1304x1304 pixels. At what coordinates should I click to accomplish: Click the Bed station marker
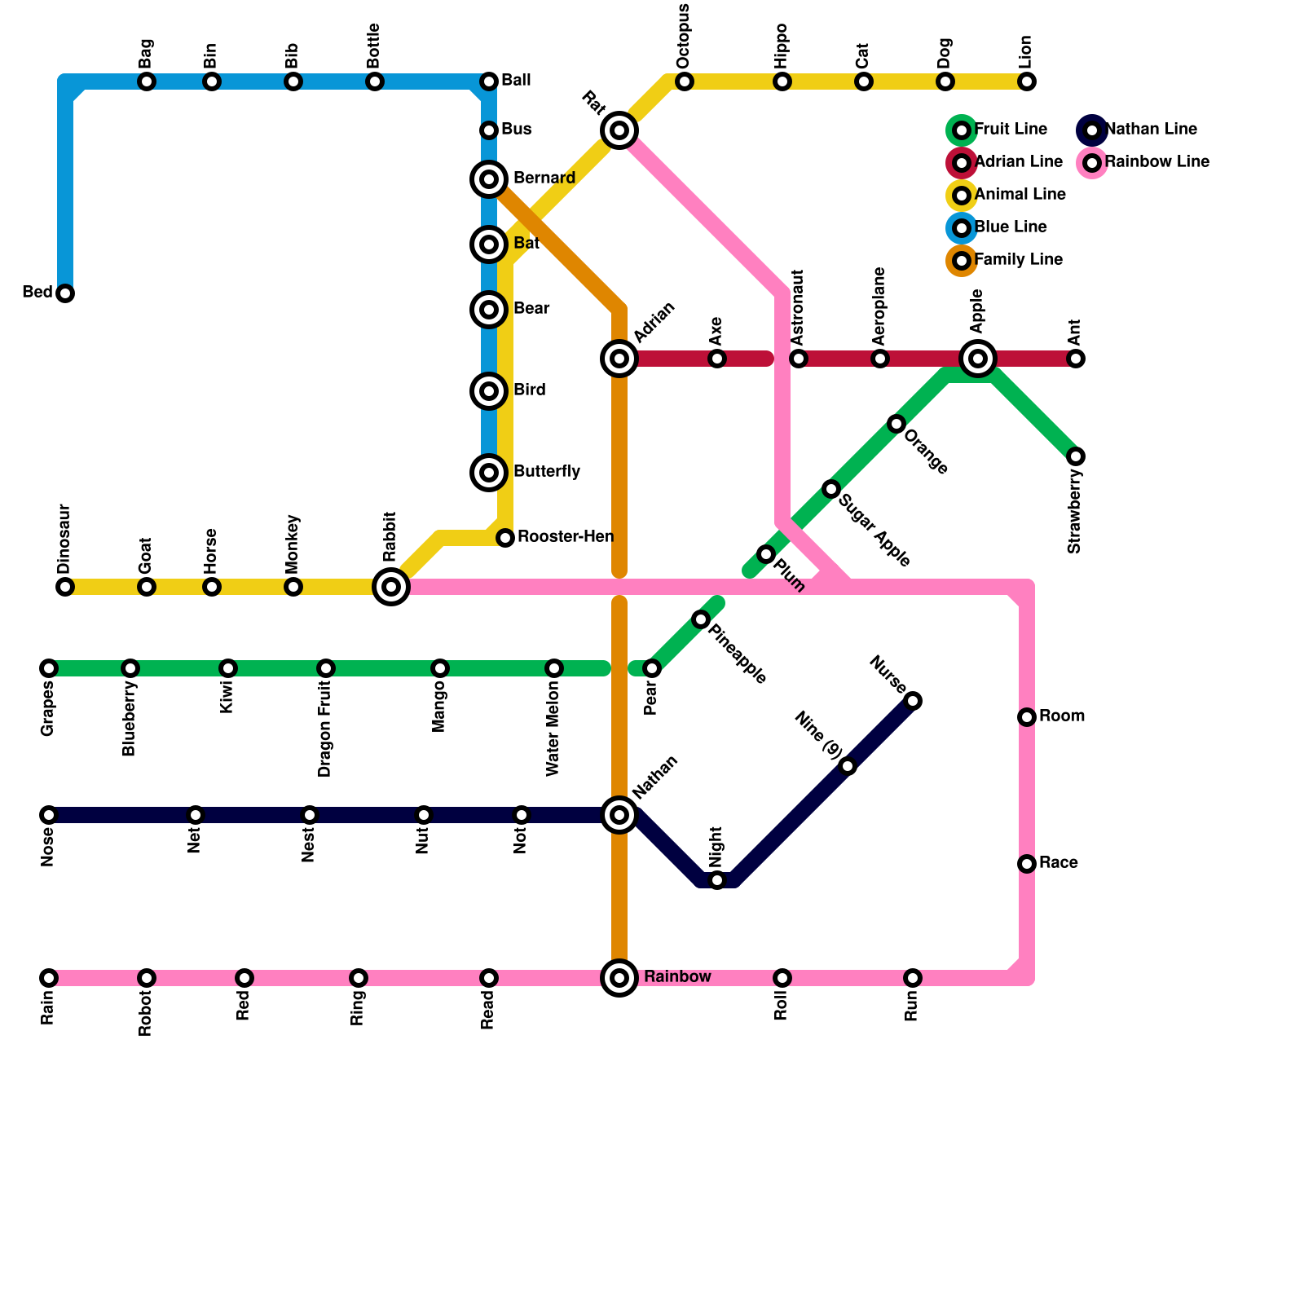65,293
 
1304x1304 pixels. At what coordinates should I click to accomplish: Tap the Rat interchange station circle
619,130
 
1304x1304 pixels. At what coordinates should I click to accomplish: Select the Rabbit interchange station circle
391,586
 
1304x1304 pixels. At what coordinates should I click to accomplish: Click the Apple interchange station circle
978,358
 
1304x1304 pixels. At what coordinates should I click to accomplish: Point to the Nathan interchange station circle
619,814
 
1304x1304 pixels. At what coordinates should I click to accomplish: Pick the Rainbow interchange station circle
619,977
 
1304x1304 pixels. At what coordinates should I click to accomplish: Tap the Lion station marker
1027,81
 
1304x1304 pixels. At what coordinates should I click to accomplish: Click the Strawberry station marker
1076,456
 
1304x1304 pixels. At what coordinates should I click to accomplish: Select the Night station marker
717,880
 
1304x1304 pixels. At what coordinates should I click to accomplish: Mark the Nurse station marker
913,701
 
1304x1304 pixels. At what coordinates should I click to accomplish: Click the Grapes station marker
49,668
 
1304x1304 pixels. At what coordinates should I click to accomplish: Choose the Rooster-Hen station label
566,537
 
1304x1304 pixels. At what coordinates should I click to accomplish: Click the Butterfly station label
547,472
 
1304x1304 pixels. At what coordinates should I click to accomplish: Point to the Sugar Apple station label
873,531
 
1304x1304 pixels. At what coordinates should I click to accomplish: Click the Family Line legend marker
962,261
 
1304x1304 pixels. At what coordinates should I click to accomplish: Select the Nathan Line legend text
1151,130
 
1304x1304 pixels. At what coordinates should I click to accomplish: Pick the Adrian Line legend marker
962,163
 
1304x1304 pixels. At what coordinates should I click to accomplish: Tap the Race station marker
1027,864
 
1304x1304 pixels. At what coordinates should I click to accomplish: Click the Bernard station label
544,178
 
